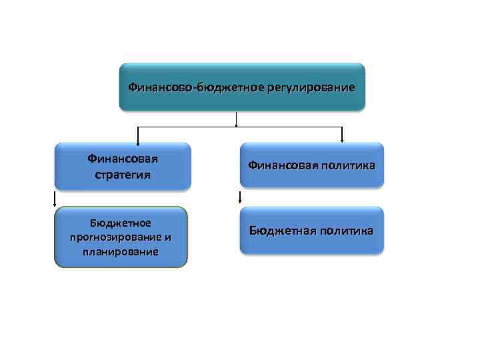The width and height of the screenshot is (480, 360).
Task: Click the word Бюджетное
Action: (x=121, y=223)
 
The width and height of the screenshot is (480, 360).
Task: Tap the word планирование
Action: (x=121, y=252)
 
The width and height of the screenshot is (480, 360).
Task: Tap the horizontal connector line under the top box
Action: (x=240, y=126)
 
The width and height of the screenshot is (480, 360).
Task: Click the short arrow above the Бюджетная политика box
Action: (x=240, y=197)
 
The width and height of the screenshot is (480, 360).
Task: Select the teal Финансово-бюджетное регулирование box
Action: (x=242, y=87)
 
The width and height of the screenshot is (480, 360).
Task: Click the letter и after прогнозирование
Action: (x=167, y=237)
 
